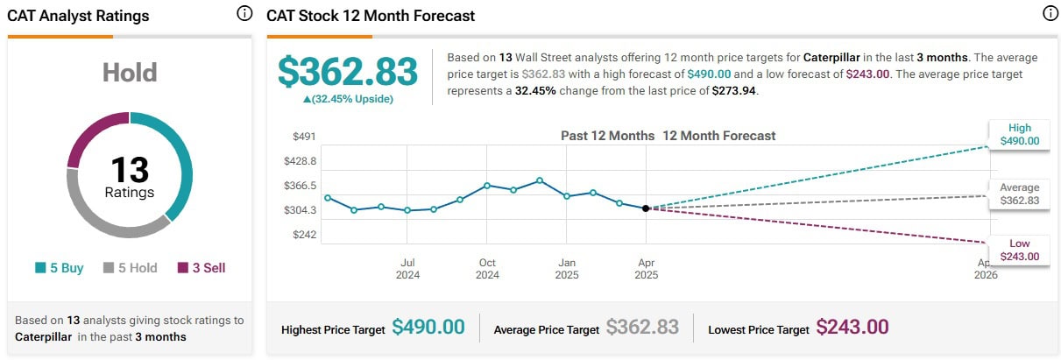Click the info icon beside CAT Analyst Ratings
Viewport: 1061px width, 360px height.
coord(244,14)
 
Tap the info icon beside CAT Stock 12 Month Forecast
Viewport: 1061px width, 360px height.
coord(1050,14)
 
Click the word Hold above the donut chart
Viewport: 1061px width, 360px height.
coord(130,73)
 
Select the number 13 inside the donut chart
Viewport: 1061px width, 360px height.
coord(130,169)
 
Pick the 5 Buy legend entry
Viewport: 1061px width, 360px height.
coord(60,268)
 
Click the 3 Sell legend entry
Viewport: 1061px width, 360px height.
coord(202,268)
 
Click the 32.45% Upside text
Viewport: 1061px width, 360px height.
coord(348,99)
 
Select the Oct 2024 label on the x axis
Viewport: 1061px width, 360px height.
coord(487,268)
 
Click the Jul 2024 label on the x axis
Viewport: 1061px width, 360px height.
coord(407,268)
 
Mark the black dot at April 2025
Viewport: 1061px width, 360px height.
coord(646,208)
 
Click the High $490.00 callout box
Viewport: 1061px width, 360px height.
coord(1020,134)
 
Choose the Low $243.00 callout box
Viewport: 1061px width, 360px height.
coord(1020,250)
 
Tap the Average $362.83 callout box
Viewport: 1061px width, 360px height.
coord(1020,194)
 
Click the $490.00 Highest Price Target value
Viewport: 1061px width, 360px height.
coord(428,328)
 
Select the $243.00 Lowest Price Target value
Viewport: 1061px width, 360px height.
coord(852,328)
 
